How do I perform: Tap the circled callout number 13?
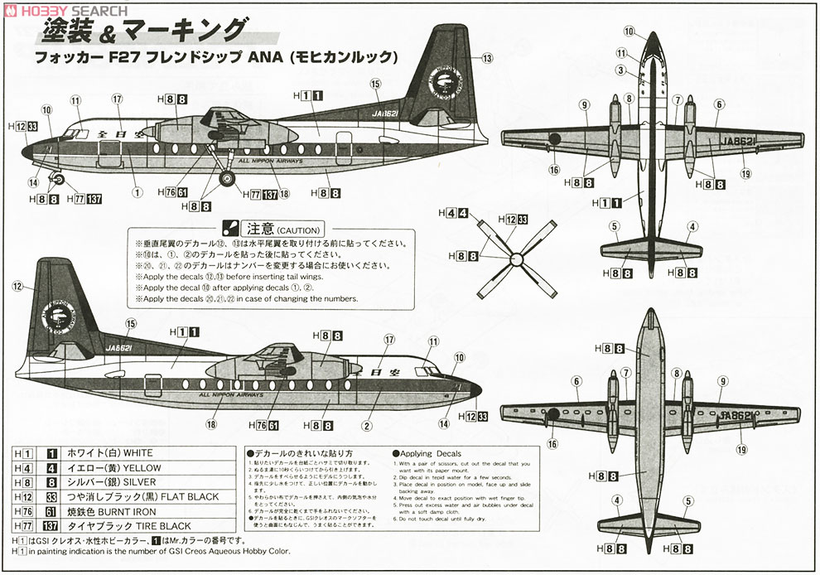(x=487, y=58)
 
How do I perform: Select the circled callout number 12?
(x=17, y=286)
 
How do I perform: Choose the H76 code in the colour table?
(x=23, y=511)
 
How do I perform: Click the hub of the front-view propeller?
(x=516, y=256)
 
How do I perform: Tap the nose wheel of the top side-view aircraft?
(x=57, y=176)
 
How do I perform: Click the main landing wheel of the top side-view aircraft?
(x=227, y=176)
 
